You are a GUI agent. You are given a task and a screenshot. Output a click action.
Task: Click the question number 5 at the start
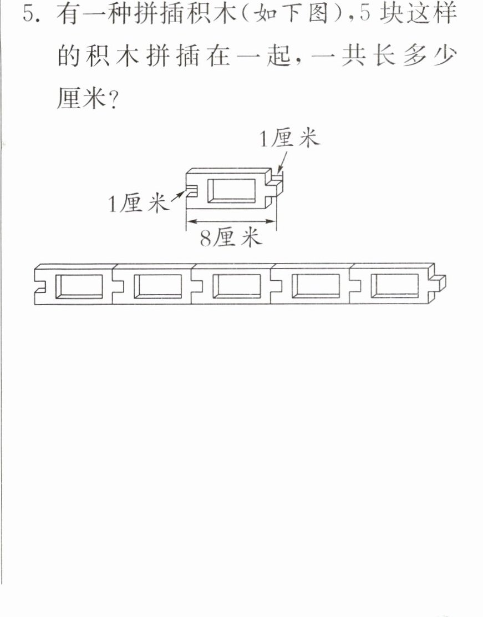pyautogui.click(x=29, y=14)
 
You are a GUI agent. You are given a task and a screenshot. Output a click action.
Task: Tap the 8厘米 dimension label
pyautogui.click(x=231, y=238)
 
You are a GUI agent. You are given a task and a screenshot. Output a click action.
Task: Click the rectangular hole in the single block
pyautogui.click(x=231, y=191)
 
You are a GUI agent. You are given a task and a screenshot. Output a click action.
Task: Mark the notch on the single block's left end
pyautogui.click(x=191, y=190)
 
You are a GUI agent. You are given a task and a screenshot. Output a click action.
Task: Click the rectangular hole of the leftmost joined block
pyautogui.click(x=79, y=286)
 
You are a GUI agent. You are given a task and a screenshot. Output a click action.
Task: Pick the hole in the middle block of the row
pyautogui.click(x=236, y=286)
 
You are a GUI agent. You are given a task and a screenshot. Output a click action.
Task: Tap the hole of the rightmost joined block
pyautogui.click(x=394, y=286)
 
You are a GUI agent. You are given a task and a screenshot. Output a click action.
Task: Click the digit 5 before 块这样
pyautogui.click(x=365, y=14)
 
